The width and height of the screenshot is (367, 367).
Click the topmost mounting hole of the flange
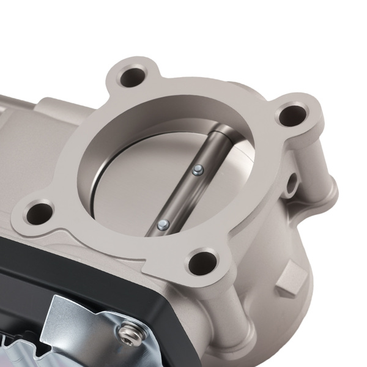pyautogui.click(x=131, y=78)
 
